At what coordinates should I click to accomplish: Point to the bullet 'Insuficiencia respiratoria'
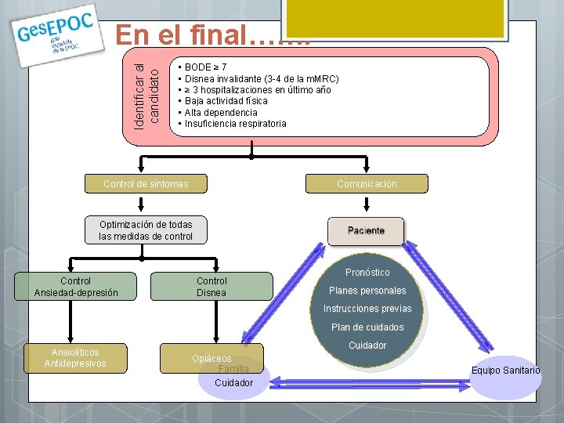pos(236,124)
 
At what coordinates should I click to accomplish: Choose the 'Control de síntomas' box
pos(146,184)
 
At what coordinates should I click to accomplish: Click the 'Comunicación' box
pos(367,184)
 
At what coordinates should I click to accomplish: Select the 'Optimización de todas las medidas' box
pos(146,230)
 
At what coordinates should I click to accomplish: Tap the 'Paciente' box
pos(366,230)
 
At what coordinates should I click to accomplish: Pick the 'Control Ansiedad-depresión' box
pos(76,287)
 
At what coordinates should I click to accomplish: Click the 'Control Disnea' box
pos(211,287)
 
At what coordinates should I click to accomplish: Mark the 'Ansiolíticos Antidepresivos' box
pos(75,358)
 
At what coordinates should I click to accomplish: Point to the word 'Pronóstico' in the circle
pos(367,273)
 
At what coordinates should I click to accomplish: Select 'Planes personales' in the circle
pos(367,291)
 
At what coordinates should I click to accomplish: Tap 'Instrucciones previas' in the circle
pos(367,309)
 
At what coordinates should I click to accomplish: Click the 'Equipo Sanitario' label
pos(505,371)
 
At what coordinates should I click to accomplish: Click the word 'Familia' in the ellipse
pos(233,369)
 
